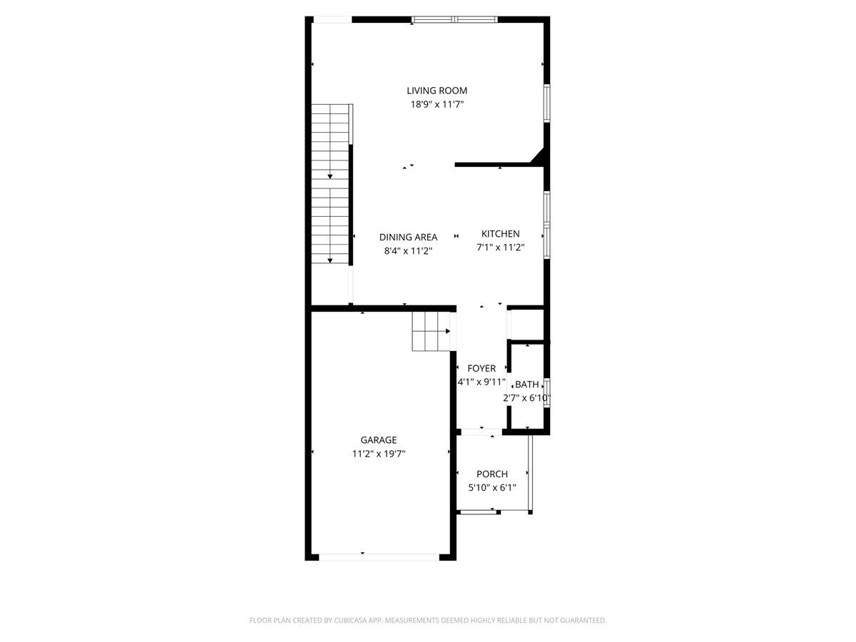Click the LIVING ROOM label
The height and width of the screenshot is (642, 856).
(x=437, y=91)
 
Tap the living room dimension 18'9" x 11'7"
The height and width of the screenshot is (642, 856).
(x=437, y=104)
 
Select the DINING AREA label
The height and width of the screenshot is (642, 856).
(x=408, y=237)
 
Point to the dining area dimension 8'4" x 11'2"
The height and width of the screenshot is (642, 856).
(x=408, y=250)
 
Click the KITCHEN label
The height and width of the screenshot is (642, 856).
(x=500, y=233)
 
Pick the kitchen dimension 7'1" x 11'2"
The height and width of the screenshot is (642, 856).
(x=500, y=247)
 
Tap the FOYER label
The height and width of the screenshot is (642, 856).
(x=481, y=368)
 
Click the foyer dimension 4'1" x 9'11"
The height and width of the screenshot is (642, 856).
(x=481, y=382)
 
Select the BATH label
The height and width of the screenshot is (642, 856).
(x=527, y=384)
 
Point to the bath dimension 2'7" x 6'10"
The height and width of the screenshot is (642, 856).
(x=526, y=398)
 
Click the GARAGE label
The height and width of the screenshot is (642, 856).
(x=379, y=439)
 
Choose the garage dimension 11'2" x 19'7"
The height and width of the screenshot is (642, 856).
(x=379, y=454)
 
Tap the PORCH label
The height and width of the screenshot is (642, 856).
(x=492, y=474)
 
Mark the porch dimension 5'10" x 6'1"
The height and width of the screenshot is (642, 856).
(x=492, y=488)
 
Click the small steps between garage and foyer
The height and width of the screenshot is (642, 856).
(x=431, y=331)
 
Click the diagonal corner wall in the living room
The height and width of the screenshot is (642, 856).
(x=538, y=157)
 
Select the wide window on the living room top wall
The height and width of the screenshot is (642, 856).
(x=454, y=19)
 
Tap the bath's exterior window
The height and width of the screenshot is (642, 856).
(x=547, y=392)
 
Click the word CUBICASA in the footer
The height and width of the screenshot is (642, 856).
(x=350, y=620)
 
